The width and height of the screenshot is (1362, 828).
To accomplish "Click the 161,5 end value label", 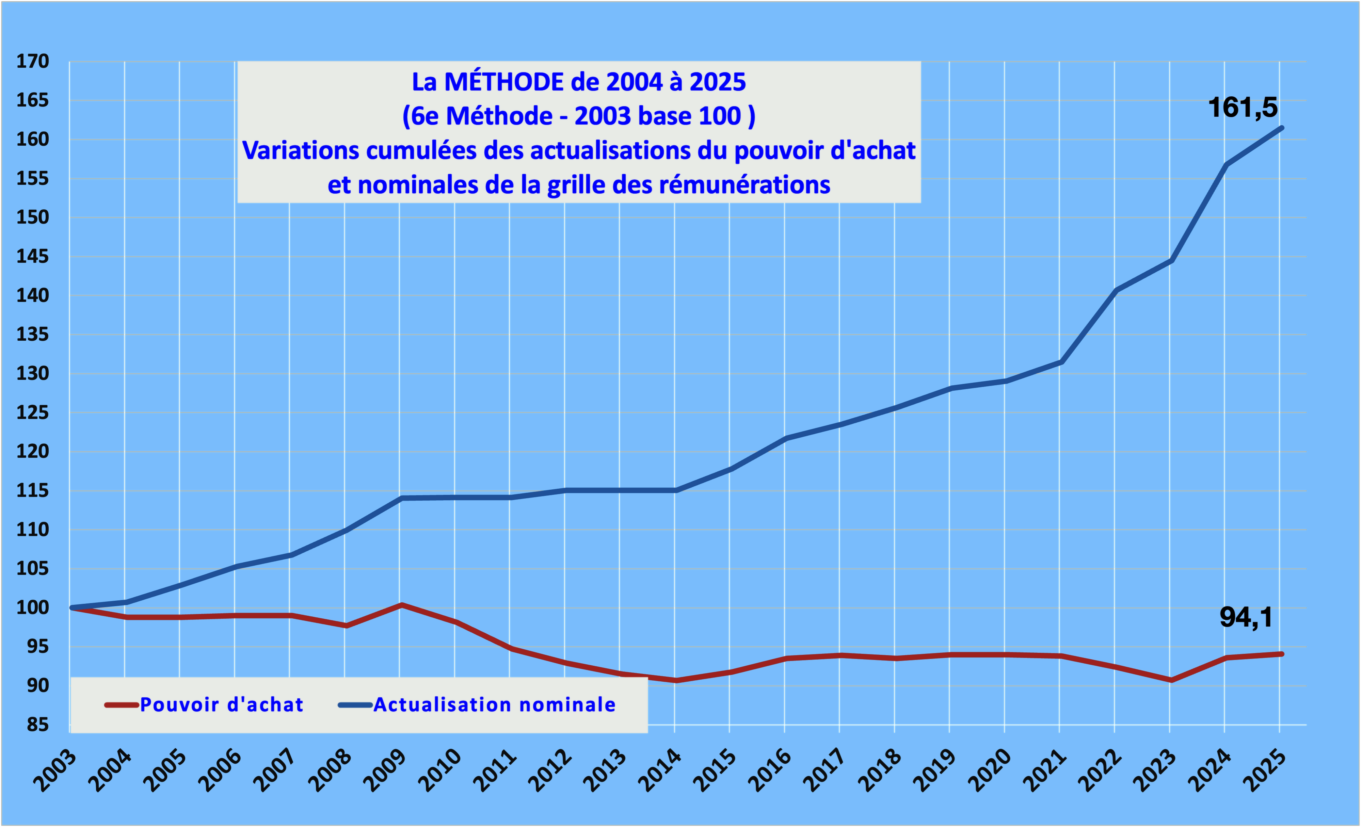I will (1243, 107).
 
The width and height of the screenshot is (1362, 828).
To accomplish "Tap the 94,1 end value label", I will (1246, 617).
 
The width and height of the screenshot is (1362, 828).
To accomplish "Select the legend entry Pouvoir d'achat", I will (222, 705).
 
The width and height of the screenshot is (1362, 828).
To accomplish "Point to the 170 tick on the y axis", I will (33, 61).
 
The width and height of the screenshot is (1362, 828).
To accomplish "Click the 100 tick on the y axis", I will (33, 607).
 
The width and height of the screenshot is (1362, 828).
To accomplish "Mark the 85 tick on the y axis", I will (37, 725).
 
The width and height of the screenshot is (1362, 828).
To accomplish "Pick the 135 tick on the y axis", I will (33, 335).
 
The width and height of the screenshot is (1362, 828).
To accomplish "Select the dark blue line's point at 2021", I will (1060, 362).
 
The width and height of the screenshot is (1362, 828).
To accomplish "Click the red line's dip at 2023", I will (1170, 680).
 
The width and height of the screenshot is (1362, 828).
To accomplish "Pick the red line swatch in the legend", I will (121, 705).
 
